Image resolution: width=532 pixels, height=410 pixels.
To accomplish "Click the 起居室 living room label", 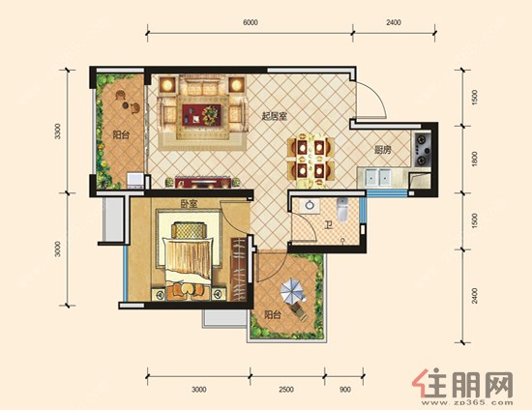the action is (x=274, y=117).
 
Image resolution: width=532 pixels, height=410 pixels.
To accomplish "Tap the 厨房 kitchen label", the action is (x=383, y=150).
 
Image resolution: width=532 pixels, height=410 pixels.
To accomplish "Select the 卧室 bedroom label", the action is (x=189, y=204).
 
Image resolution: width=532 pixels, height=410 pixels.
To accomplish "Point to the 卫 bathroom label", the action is (x=329, y=225).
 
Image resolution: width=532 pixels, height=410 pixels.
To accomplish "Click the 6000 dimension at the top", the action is (x=251, y=22).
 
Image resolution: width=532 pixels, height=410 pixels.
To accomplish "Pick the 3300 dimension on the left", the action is (x=58, y=132).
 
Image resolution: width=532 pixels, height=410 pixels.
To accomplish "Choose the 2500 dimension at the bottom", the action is (x=286, y=390).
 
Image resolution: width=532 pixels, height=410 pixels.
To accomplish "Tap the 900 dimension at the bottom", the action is (x=344, y=390).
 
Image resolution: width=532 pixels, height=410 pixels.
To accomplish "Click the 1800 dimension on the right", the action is (x=474, y=159).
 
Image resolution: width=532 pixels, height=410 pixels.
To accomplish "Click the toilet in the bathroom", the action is (x=342, y=209).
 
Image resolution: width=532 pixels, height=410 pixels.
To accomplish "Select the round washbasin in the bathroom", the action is (x=310, y=206).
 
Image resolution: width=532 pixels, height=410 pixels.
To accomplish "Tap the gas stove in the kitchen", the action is (x=422, y=150).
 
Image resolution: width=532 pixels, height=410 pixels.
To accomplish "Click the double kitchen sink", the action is (x=378, y=177).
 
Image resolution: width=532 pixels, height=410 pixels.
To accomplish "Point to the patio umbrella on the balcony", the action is (x=292, y=291).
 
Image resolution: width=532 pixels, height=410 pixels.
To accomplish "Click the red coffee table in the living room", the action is (x=201, y=115).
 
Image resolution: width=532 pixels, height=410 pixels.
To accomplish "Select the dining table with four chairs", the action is (x=310, y=159).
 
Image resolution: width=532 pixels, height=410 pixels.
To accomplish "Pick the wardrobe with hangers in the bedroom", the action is (x=239, y=269).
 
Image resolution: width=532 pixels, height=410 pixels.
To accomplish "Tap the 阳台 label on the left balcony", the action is (x=121, y=135).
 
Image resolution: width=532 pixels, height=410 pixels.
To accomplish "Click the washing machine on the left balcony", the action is (x=135, y=181).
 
